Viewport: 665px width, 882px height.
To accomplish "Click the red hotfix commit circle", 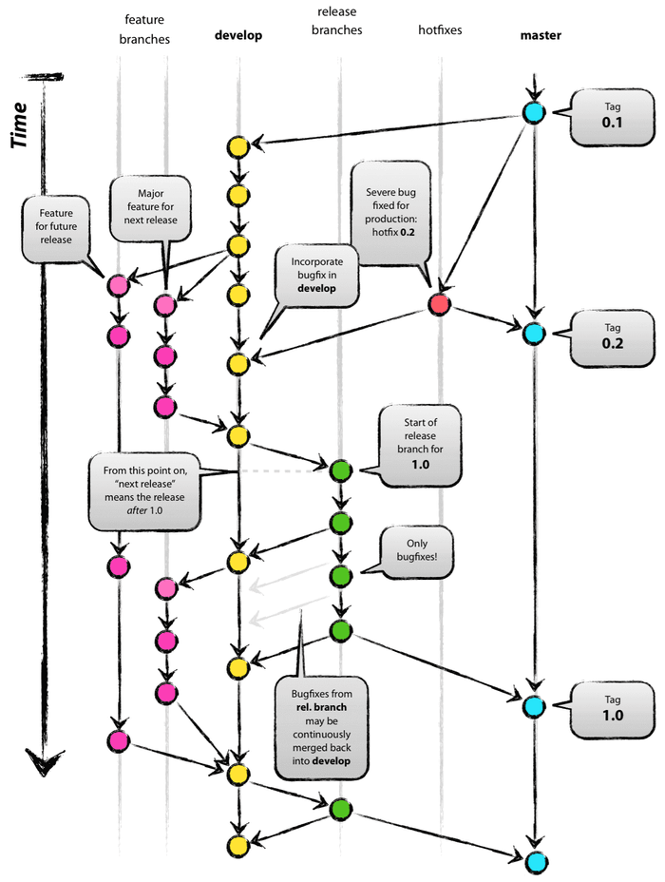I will pyautogui.click(x=439, y=304).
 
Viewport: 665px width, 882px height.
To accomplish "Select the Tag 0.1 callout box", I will pyautogui.click(x=608, y=117).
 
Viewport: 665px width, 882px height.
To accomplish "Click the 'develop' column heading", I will pyautogui.click(x=238, y=36).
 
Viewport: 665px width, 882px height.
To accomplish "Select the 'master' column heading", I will pyautogui.click(x=541, y=36).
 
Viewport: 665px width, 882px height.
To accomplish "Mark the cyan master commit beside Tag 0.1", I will pyautogui.click(x=534, y=112).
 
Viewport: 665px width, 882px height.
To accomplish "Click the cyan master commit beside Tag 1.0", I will pyautogui.click(x=533, y=705).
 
